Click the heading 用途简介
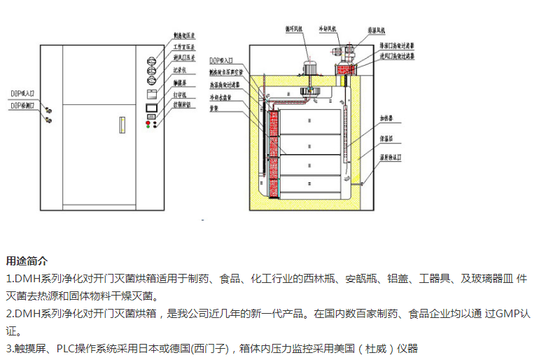(x=27, y=261)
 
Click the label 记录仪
(x=181, y=70)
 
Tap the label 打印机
(x=181, y=94)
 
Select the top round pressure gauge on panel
(x=150, y=60)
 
